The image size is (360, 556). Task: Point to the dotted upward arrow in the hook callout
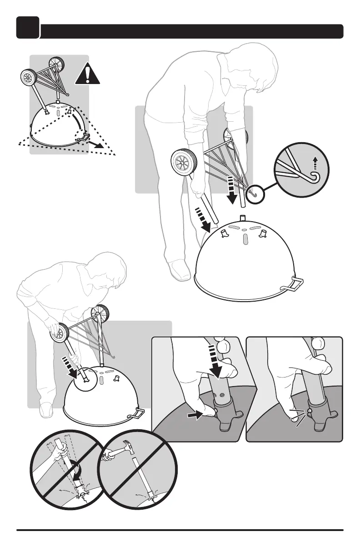coord(313,162)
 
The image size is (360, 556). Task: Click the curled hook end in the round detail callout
coord(313,174)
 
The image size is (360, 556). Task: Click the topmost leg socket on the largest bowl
coord(242,218)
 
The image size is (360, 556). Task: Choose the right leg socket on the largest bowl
coord(262,233)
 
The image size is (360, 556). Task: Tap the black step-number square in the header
coord(28,28)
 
